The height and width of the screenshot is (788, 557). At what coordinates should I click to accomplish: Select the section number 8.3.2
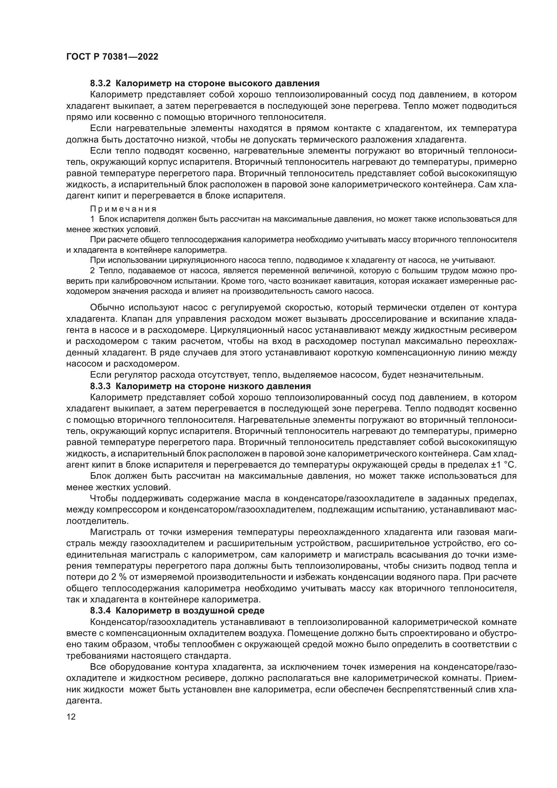point(100,84)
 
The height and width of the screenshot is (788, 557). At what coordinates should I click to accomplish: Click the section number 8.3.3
point(100,386)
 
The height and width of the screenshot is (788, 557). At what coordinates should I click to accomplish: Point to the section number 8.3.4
point(100,610)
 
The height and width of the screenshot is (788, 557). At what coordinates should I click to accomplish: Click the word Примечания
point(123,209)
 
